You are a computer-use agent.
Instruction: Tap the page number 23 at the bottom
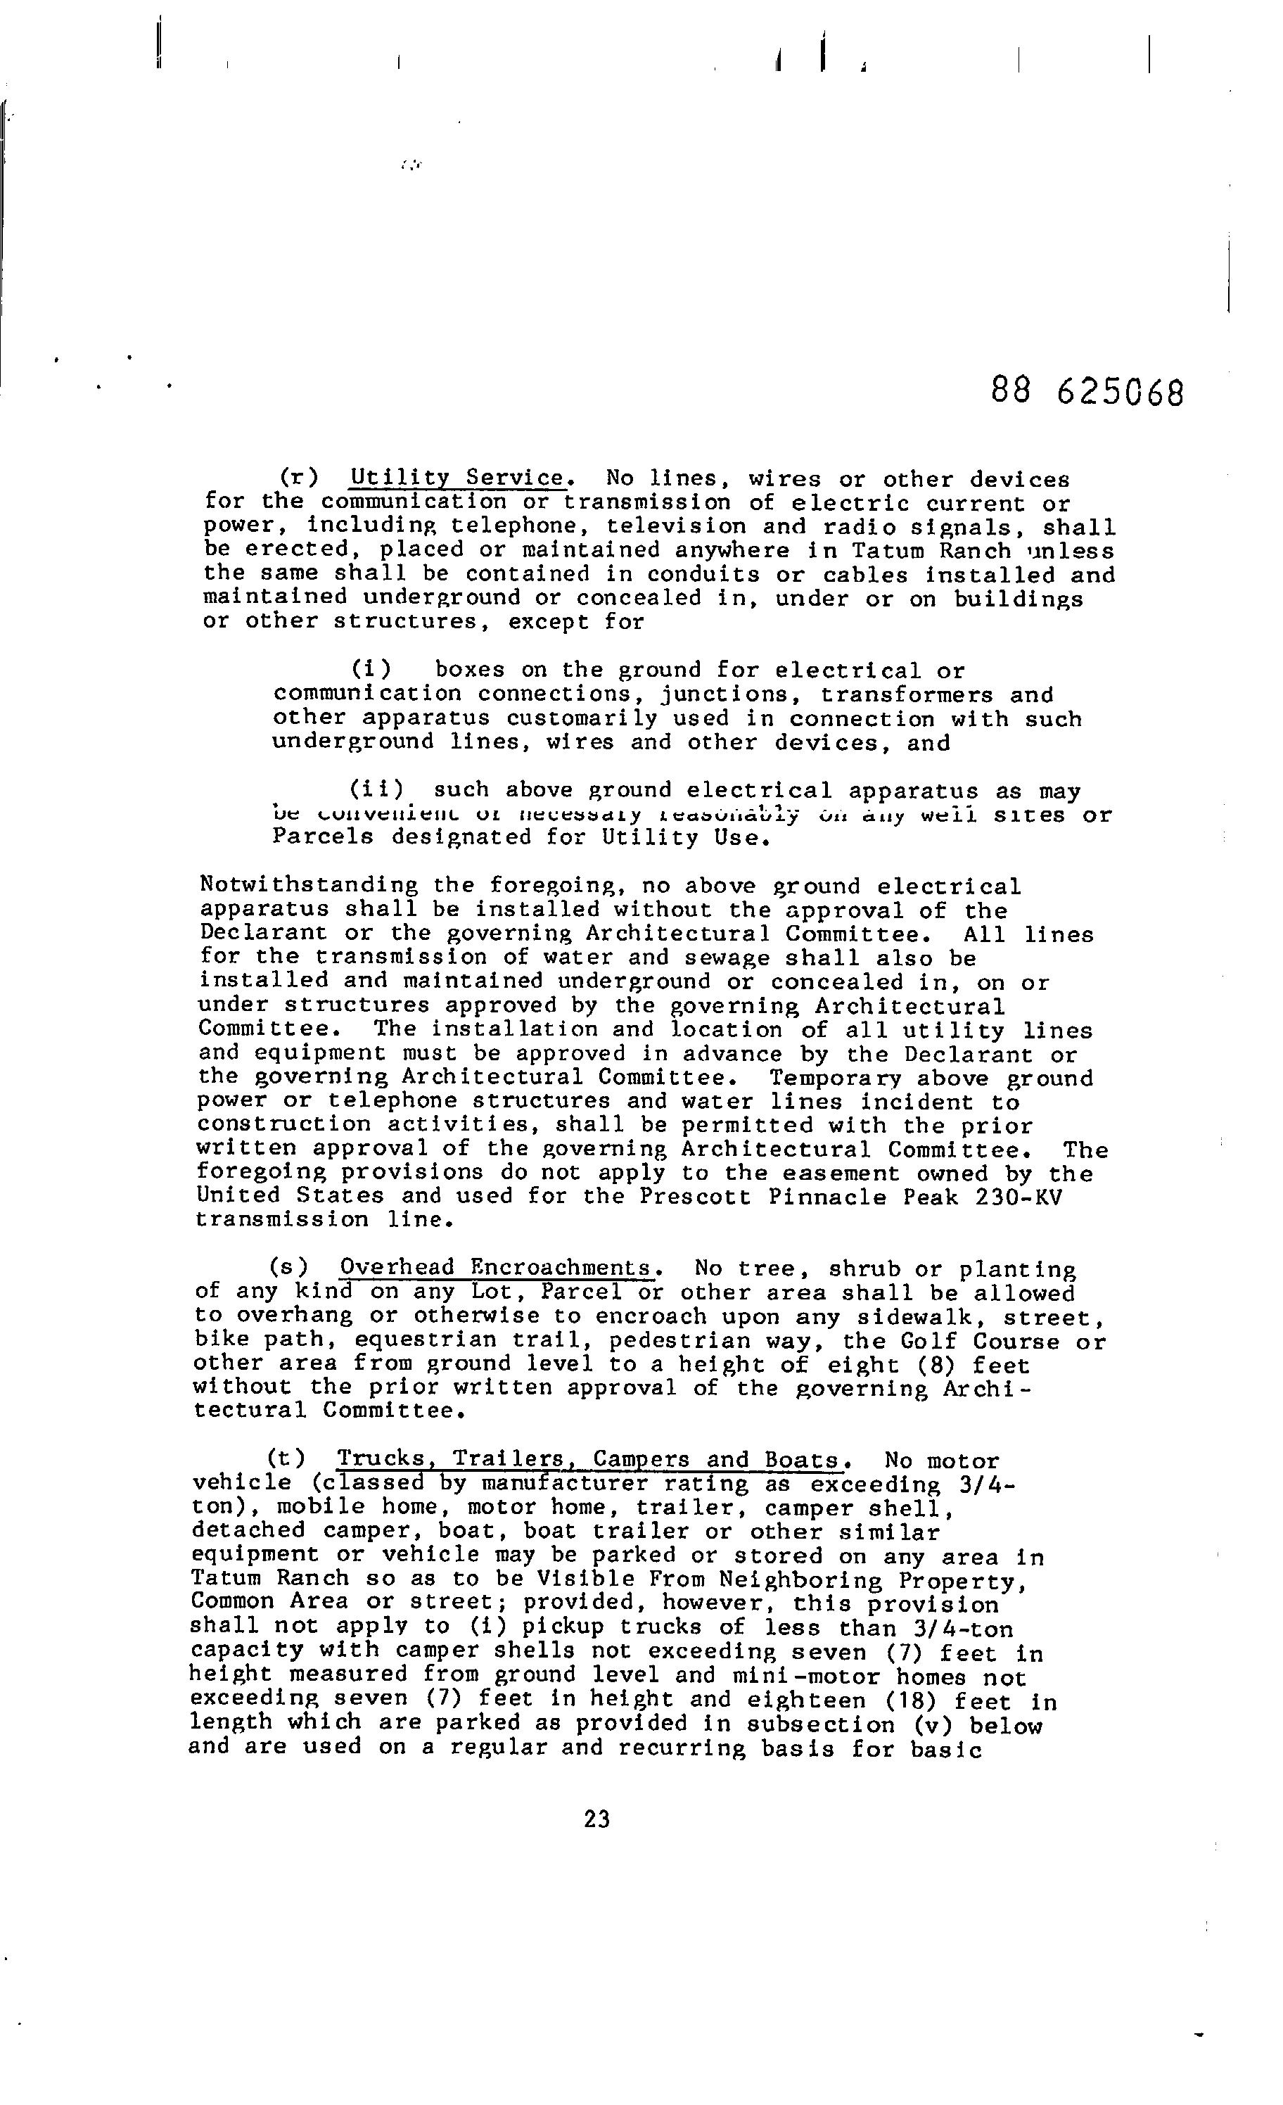coord(597,1819)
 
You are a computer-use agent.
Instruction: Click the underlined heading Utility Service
coord(458,478)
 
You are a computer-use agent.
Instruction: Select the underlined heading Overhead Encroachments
coord(497,1268)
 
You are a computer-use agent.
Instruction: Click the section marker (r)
coord(299,478)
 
